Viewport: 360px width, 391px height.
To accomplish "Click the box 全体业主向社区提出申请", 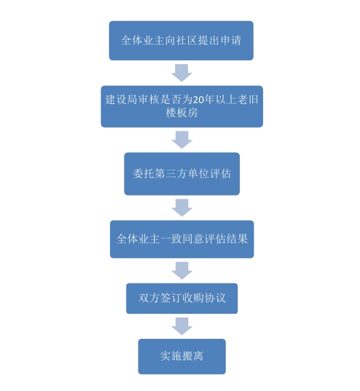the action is (181, 40).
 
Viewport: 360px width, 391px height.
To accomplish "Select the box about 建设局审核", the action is (182, 106).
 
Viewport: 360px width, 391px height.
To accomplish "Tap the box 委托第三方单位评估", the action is (182, 173).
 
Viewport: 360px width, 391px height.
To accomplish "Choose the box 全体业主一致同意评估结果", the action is (182, 239).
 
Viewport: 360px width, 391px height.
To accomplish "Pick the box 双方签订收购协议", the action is (182, 298).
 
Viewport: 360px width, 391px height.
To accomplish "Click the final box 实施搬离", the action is (182, 356).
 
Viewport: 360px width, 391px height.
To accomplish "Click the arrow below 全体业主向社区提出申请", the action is (181, 73).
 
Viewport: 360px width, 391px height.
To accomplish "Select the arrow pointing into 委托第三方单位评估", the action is (182, 140).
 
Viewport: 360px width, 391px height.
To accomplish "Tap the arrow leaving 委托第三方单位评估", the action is (182, 207).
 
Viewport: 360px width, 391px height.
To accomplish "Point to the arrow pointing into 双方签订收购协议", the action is (182, 270).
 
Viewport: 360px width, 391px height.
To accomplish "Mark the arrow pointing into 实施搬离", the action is (182, 326).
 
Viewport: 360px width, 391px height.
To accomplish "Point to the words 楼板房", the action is (182, 113).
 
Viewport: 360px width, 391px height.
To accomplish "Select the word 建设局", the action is (121, 99).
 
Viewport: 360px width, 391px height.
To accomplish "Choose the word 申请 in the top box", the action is (231, 40).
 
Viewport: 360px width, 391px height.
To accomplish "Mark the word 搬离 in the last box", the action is (193, 356).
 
